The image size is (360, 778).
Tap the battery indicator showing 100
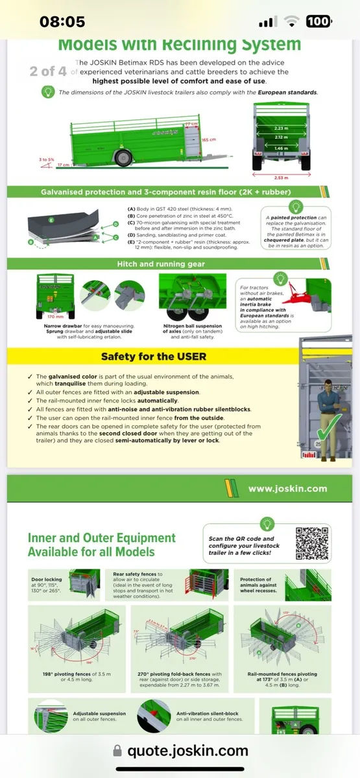coord(318,21)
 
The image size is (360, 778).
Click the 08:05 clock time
coord(62,21)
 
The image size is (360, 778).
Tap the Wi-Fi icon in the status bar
coord(293,21)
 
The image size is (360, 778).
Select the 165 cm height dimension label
coord(208,139)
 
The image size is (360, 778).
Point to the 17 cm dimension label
coord(62,165)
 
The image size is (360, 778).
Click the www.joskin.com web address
coord(287,489)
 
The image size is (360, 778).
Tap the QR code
coord(312,543)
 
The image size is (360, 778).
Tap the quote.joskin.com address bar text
coord(187,751)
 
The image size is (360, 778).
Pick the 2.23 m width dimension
coord(282,129)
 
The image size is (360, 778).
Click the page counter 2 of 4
coord(48,71)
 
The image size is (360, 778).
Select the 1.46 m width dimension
coord(282,148)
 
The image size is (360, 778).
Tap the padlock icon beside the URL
coord(117,751)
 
